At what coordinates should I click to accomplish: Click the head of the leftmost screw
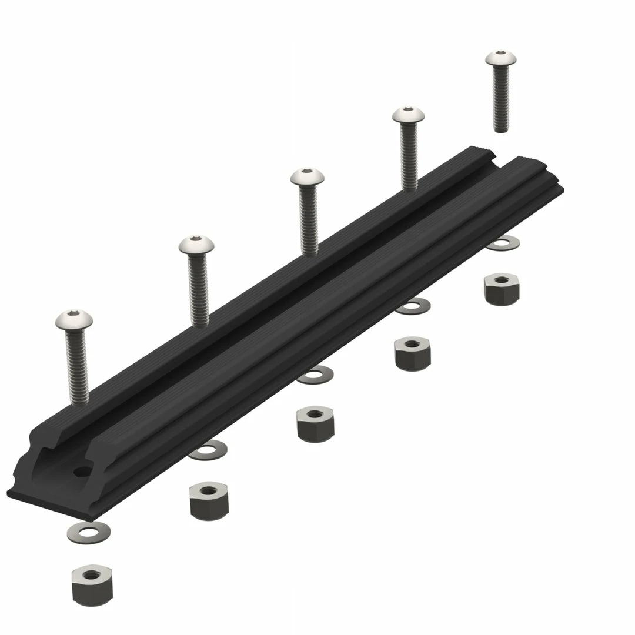click(75, 319)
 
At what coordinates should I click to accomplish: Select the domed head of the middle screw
click(307, 175)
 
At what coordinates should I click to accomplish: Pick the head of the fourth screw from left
click(409, 114)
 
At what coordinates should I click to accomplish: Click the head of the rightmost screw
click(501, 58)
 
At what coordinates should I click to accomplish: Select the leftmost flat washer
click(88, 532)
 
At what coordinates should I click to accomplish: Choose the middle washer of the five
click(315, 375)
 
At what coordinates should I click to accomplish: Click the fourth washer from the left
click(413, 306)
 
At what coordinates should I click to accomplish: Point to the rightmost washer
click(503, 242)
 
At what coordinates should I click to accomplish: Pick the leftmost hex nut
click(92, 584)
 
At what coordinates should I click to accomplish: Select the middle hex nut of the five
click(315, 423)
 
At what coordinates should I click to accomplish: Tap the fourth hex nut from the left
click(413, 353)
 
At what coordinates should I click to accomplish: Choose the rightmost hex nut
click(502, 288)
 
